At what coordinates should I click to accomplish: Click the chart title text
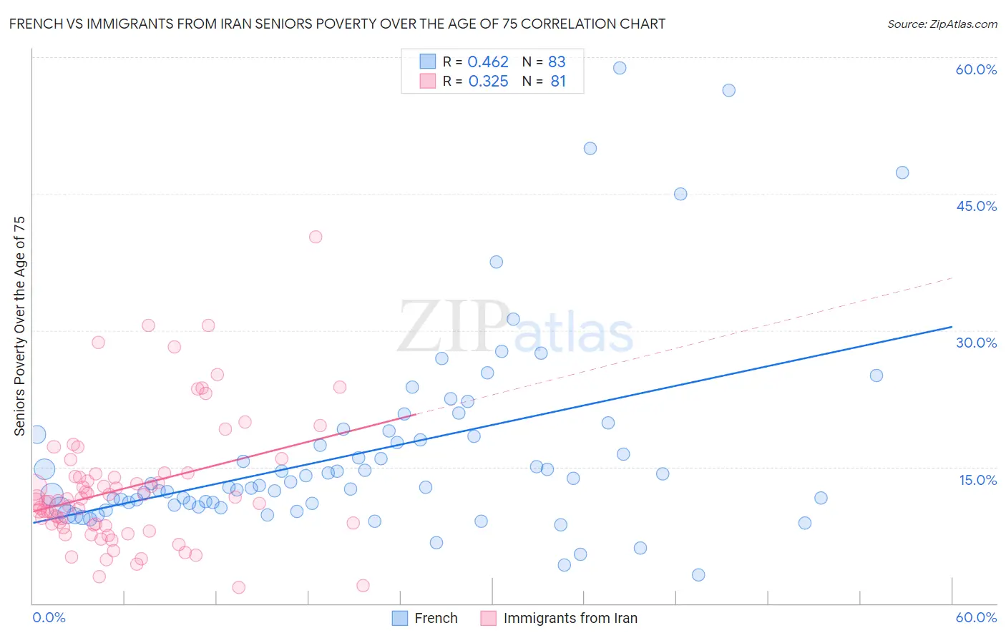click(x=337, y=24)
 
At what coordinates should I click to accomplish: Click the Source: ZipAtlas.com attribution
click(x=942, y=24)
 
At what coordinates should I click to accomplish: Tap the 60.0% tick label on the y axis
click(x=976, y=69)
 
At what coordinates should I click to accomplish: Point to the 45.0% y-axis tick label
click(x=976, y=206)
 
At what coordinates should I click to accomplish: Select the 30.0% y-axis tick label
click(x=976, y=343)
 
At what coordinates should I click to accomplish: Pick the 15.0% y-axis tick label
click(x=977, y=479)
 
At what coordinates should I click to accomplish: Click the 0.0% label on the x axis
click(x=49, y=617)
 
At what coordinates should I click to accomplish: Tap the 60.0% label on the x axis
click(x=976, y=617)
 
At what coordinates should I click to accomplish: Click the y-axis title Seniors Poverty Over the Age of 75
click(x=20, y=326)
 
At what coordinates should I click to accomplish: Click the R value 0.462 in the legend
click(x=488, y=62)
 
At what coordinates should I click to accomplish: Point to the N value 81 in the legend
click(x=558, y=82)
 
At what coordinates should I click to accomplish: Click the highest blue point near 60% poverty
click(x=620, y=68)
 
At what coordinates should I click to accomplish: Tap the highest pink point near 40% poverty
click(x=316, y=237)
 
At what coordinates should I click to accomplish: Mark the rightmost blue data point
click(x=902, y=172)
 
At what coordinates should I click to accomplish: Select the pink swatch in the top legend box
click(x=428, y=81)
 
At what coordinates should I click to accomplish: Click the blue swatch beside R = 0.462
click(x=428, y=62)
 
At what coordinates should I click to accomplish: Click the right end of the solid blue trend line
click(x=952, y=327)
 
